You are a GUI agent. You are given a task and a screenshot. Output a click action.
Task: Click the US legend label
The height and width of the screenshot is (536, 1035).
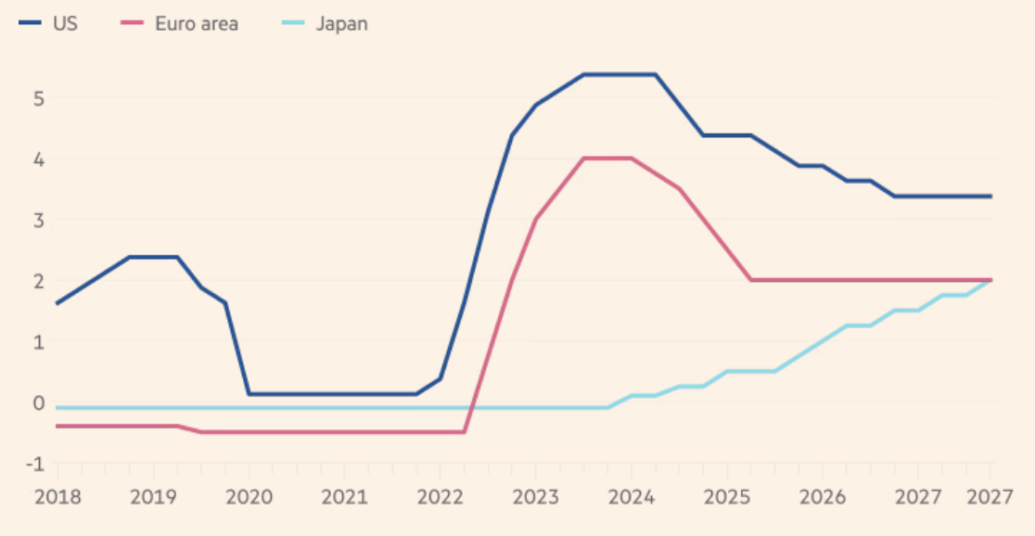point(66,24)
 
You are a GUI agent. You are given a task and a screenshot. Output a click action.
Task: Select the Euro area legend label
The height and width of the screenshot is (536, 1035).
point(195,24)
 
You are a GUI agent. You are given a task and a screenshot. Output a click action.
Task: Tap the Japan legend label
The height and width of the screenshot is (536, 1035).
point(341,24)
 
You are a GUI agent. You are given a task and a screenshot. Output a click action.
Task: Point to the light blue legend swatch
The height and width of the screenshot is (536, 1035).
point(290,24)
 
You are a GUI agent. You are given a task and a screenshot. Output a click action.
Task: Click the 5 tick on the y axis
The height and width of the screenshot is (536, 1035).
point(40,97)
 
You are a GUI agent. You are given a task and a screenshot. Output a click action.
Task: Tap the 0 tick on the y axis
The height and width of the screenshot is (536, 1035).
point(40,402)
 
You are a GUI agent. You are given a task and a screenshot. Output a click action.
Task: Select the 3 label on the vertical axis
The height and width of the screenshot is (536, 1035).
point(40,220)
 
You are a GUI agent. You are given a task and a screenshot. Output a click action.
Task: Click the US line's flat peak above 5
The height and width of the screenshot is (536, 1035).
point(620,74)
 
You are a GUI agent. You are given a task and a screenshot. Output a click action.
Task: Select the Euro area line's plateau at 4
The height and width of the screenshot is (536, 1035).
point(607,159)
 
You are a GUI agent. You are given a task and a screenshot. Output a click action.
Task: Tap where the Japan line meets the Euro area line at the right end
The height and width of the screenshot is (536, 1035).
point(990,280)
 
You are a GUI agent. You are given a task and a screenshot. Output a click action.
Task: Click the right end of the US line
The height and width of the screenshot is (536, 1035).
point(990,197)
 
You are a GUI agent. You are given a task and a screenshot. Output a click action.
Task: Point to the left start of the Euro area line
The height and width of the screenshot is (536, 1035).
point(57,426)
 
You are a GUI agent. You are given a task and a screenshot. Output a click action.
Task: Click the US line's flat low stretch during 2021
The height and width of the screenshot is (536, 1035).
point(344,394)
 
